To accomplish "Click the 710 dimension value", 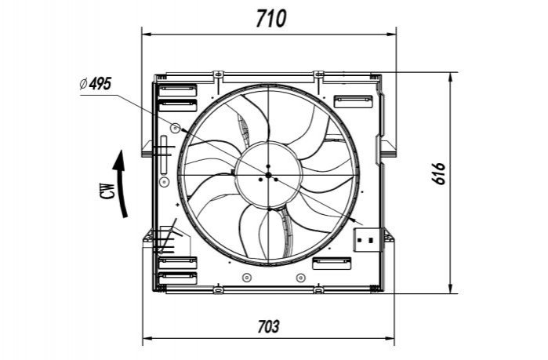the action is (271, 19).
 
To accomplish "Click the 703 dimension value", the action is (268, 327).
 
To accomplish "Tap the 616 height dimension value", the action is (438, 173).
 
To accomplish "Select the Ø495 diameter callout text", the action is (96, 84).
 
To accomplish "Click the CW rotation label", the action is (109, 191).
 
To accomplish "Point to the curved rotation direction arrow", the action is (121, 184).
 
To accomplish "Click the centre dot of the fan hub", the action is (268, 175).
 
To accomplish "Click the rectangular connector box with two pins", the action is (367, 240).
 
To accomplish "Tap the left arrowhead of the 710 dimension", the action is (146, 35).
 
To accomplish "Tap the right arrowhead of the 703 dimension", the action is (390, 338).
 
